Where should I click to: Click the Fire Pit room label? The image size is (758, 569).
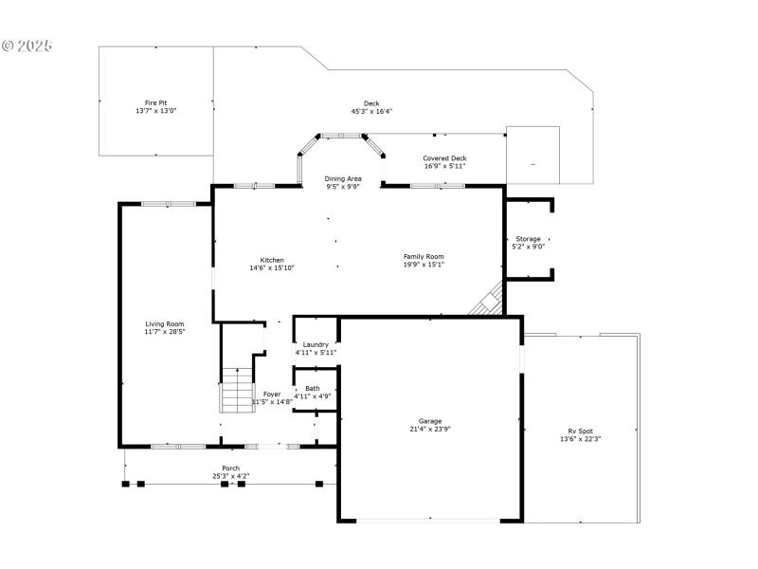point(155,102)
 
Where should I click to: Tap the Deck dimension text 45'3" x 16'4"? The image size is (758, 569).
point(371,111)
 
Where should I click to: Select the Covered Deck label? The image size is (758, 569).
point(444,158)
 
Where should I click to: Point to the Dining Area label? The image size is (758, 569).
point(342,178)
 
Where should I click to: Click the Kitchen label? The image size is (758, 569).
point(272,260)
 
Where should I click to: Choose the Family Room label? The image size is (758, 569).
point(424,256)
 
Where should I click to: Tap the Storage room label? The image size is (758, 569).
point(528,239)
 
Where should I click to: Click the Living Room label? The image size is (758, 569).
point(164,323)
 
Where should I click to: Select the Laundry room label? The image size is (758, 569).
point(316,344)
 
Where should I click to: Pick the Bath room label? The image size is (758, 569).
point(312,388)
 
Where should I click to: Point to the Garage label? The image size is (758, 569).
point(430,421)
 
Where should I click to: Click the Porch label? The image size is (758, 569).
point(230,468)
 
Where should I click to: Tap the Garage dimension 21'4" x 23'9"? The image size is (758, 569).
point(430,429)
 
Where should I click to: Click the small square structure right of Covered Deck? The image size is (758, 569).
point(532,155)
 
